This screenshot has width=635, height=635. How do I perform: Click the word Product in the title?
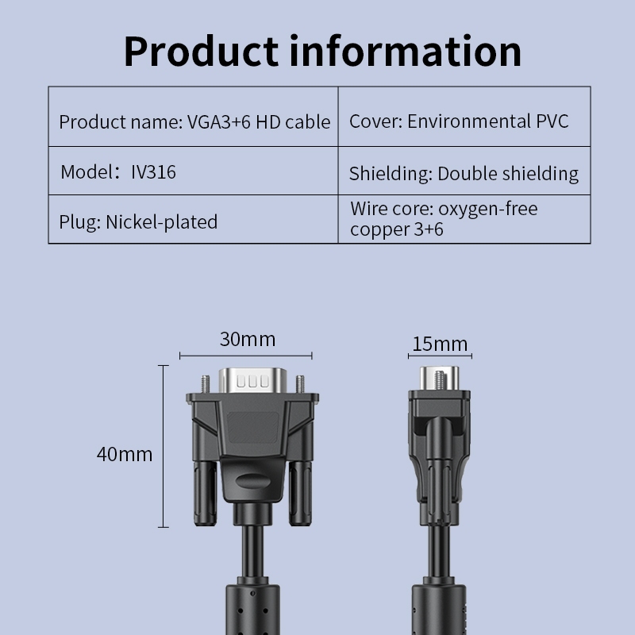pyautogui.click(x=202, y=52)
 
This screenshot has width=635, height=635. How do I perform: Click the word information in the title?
pyautogui.click(x=406, y=51)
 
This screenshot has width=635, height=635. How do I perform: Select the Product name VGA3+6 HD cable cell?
pyautogui.click(x=193, y=117)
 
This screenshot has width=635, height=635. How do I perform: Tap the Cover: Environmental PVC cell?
pyautogui.click(x=464, y=117)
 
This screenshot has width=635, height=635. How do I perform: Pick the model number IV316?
pyautogui.click(x=153, y=172)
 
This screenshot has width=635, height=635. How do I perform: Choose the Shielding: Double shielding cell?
pyautogui.click(x=464, y=171)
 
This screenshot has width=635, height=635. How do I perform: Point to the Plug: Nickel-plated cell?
pyautogui.click(x=193, y=219)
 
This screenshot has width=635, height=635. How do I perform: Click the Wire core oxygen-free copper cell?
pyautogui.click(x=464, y=219)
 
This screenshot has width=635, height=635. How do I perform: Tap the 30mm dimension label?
pyautogui.click(x=248, y=340)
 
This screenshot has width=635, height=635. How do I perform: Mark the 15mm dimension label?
pyautogui.click(x=440, y=344)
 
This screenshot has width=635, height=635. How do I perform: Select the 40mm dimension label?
pyautogui.click(x=125, y=454)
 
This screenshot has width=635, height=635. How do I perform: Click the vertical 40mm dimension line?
pyautogui.click(x=164, y=446)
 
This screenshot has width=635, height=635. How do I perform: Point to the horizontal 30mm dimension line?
pyautogui.click(x=246, y=356)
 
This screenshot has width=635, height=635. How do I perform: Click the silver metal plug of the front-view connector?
pyautogui.click(x=252, y=380)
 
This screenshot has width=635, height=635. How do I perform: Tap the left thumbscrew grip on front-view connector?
pyautogui.click(x=205, y=493)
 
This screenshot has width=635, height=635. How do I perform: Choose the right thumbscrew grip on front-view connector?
pyautogui.click(x=301, y=493)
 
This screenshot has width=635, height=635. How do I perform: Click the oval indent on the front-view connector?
pyautogui.click(x=252, y=482)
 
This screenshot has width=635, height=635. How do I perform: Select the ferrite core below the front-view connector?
pyautogui.click(x=252, y=609)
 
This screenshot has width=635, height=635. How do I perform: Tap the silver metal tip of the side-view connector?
pyautogui.click(x=440, y=379)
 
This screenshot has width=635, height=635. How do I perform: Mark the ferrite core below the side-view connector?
pyautogui.click(x=439, y=609)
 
